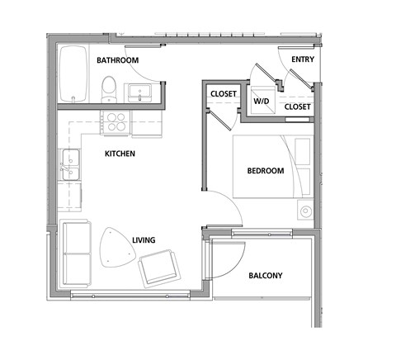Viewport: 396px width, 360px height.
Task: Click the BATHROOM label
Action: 117,60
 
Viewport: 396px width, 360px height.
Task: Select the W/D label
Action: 262,102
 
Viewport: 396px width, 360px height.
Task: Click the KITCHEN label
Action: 120,154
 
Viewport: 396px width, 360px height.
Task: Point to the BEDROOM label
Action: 265,171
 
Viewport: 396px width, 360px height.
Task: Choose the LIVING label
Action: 144,241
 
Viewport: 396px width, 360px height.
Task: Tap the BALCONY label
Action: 265,275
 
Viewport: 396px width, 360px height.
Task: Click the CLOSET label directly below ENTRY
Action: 297,107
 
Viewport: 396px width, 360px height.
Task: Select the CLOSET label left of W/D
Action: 223,94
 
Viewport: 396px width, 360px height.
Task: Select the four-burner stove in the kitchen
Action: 113,123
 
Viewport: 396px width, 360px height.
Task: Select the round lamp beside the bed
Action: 307,211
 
